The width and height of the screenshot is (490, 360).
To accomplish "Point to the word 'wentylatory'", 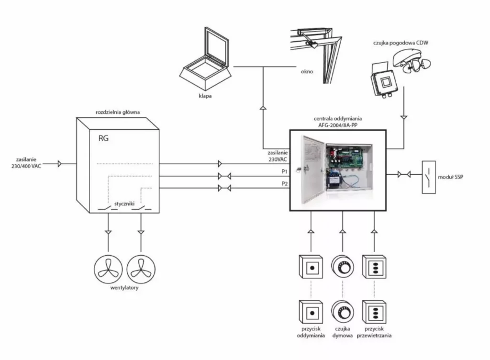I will coord(124,288).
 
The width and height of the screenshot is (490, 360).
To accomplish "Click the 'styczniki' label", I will coord(124,203).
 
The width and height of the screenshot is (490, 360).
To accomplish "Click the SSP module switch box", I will coord(428,177).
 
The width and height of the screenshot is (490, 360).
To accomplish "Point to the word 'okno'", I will coord(307,72).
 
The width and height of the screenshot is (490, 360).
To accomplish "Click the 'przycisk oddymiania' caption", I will coord(311,332).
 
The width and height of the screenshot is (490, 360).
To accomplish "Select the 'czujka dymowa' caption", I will coord(343,332).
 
